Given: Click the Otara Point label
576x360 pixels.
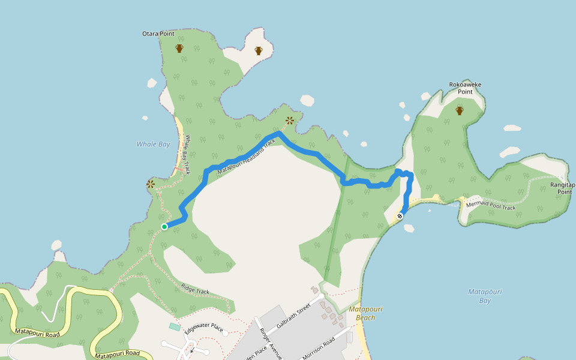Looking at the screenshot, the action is pos(158,34).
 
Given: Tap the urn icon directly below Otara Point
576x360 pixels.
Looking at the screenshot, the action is pos(179,48).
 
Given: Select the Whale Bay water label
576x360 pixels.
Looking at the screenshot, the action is pos(153,144).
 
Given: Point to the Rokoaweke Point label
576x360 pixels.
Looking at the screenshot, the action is pos(465,88).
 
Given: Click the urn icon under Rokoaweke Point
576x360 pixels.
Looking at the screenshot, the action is pos(460,110).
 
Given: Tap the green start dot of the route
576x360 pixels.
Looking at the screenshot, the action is pos(164,226).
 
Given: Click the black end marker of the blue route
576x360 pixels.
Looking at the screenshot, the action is pos(400,215).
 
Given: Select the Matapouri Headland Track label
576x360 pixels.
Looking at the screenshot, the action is pos(247,157).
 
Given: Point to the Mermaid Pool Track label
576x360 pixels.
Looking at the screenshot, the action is pos(491,205).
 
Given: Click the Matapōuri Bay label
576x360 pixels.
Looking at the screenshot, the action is pos(485,296).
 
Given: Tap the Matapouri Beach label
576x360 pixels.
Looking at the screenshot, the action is pos(365,313).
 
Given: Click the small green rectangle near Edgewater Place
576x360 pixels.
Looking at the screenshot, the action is pos(174,326).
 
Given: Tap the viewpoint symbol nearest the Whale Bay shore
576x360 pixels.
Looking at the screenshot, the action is pos(151,184).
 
